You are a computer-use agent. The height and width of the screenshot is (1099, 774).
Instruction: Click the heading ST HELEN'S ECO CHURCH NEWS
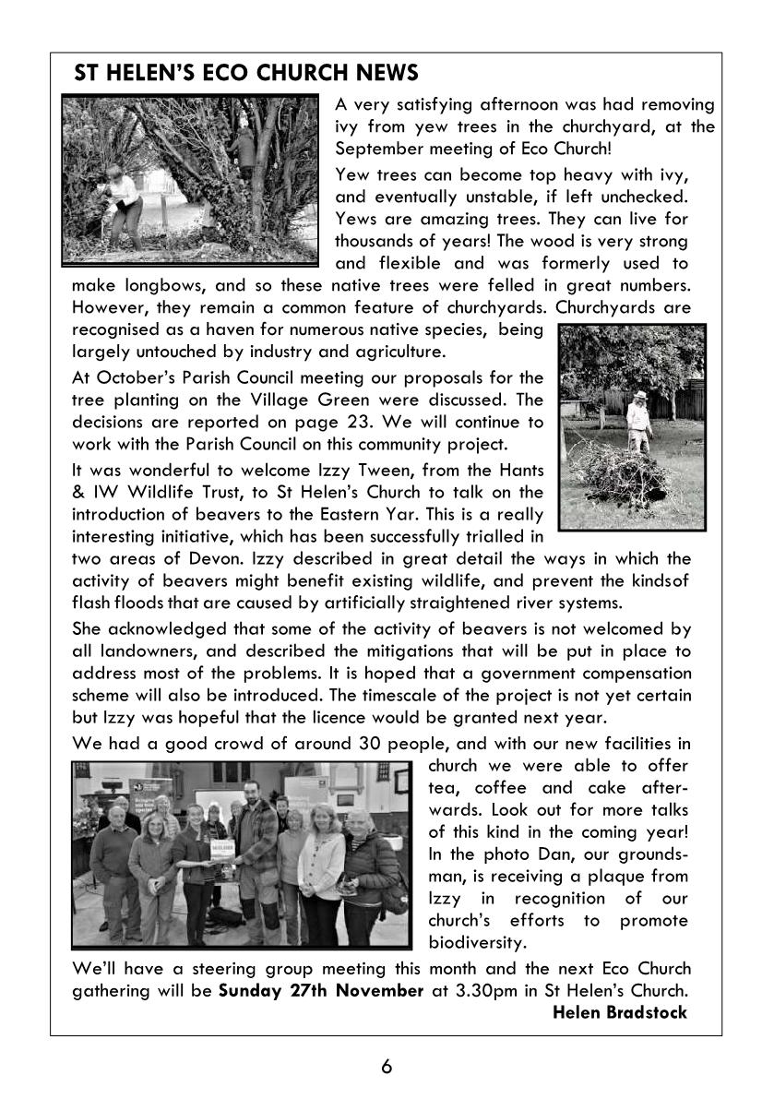point(246,73)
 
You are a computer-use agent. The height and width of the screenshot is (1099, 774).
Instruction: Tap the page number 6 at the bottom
point(387,1067)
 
